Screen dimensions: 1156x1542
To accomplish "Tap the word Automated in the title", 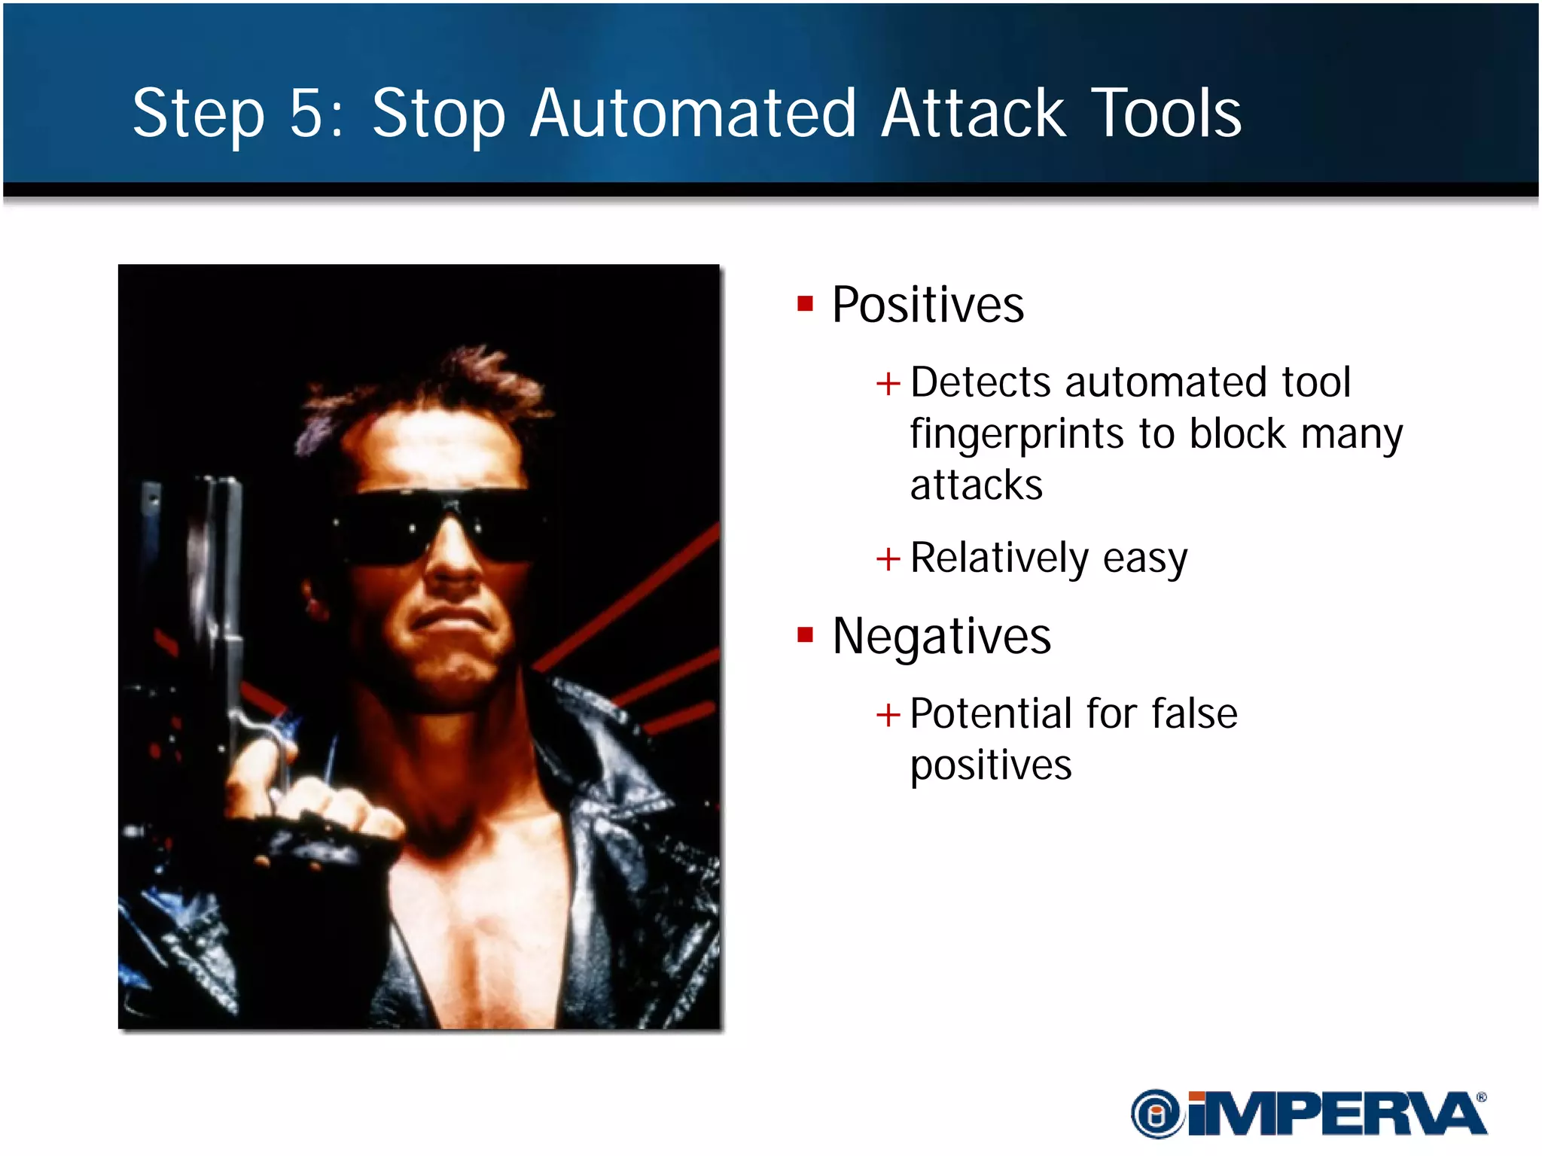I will pos(693,114).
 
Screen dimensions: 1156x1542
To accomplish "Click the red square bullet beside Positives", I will pos(805,304).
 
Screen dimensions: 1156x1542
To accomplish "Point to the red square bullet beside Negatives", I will pos(805,635).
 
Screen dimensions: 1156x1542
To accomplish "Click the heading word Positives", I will pos(928,306).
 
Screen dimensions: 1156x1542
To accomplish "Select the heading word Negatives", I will pos(941,637).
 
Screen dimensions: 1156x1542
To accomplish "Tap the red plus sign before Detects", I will pos(888,384).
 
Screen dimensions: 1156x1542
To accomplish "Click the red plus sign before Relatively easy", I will pos(888,559).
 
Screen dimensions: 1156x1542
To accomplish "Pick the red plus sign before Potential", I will pos(888,714).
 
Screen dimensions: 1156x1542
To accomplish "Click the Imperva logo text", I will pos(1336,1115).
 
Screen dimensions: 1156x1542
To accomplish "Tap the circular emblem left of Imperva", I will pos(1156,1115).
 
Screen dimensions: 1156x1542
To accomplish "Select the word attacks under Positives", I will pos(976,485).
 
